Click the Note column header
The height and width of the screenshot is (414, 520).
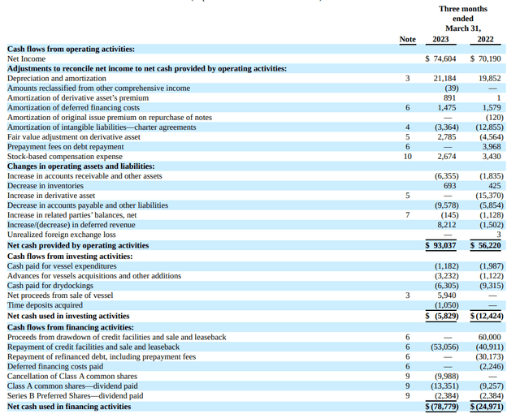[x=407, y=39]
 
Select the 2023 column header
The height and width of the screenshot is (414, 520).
[x=440, y=39]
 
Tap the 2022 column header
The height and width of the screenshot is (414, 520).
[x=485, y=39]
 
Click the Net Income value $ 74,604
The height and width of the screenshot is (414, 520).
[x=441, y=58]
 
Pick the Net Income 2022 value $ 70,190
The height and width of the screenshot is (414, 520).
[x=485, y=58]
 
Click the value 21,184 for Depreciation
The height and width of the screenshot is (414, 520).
[x=444, y=78]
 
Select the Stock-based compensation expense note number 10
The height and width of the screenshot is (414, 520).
[x=407, y=156]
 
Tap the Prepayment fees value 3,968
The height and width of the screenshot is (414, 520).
[x=492, y=146]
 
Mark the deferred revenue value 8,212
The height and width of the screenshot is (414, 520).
[x=447, y=224]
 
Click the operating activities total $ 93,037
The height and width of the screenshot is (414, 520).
[x=441, y=245]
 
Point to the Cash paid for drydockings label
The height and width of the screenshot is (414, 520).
[x=50, y=286]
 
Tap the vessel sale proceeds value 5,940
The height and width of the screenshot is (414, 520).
[x=447, y=295]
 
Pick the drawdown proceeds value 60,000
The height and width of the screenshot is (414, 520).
[x=490, y=337]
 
